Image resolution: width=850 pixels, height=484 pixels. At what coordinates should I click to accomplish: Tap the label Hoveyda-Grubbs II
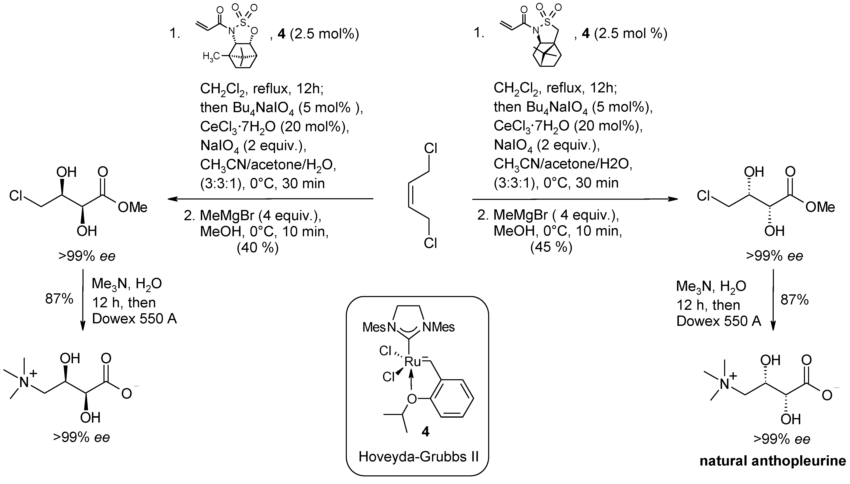point(418,457)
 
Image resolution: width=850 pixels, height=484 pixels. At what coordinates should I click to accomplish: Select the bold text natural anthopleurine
point(773,461)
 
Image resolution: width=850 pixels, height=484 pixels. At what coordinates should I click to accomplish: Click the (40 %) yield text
point(257,248)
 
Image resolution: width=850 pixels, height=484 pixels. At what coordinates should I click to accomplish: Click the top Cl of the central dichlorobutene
point(431,148)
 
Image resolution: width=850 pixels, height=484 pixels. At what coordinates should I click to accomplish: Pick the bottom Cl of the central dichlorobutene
point(430,243)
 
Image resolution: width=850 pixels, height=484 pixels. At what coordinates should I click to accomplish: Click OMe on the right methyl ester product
point(820,207)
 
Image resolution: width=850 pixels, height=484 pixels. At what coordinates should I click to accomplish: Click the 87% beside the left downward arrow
point(59,299)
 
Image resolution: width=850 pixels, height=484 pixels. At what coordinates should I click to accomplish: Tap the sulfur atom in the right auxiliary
point(547,22)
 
